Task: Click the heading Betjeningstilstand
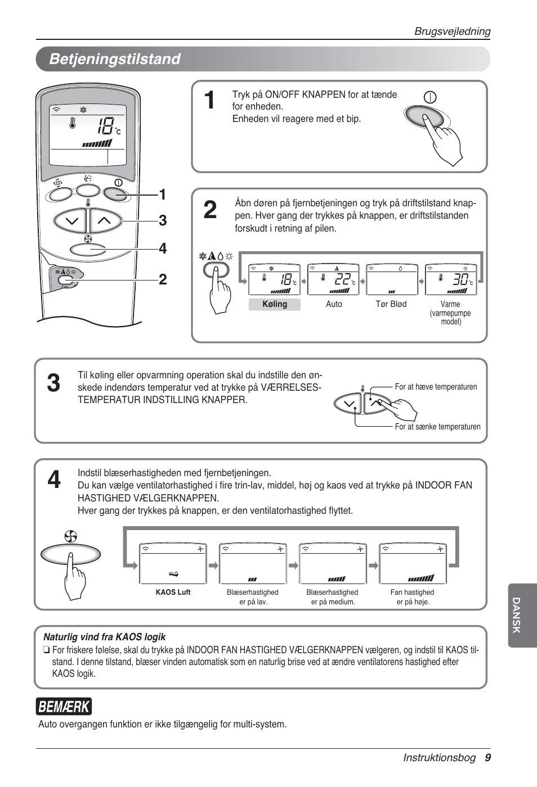click(115, 59)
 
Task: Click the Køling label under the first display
click(275, 304)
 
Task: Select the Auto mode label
click(334, 304)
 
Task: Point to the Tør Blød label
click(391, 304)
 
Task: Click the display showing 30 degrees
click(451, 279)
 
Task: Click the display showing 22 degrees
click(333, 279)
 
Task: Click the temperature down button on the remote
click(71, 221)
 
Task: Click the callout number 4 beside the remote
click(163, 248)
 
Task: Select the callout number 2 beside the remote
click(163, 279)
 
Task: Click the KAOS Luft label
click(173, 592)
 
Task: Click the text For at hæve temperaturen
click(436, 387)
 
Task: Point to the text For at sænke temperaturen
click(437, 427)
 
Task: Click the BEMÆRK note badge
click(64, 707)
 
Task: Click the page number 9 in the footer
click(487, 757)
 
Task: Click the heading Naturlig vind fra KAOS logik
click(105, 637)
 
